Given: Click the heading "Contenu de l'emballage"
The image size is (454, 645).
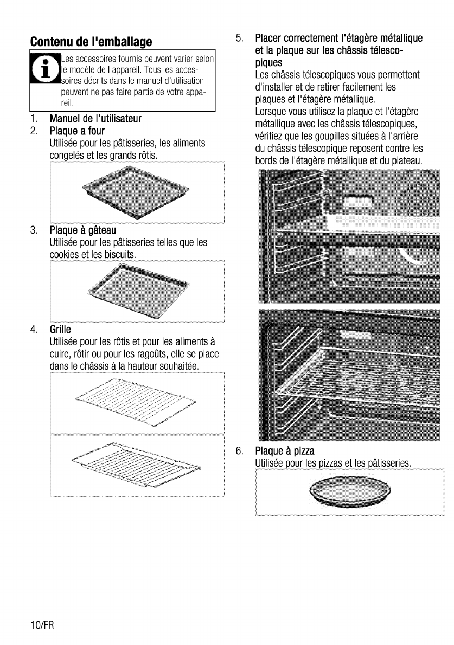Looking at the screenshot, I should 91,42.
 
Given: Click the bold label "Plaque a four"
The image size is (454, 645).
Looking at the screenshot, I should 77,131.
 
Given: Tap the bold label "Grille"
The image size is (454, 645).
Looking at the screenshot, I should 60,329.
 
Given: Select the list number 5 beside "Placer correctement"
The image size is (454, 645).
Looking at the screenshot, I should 239,38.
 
